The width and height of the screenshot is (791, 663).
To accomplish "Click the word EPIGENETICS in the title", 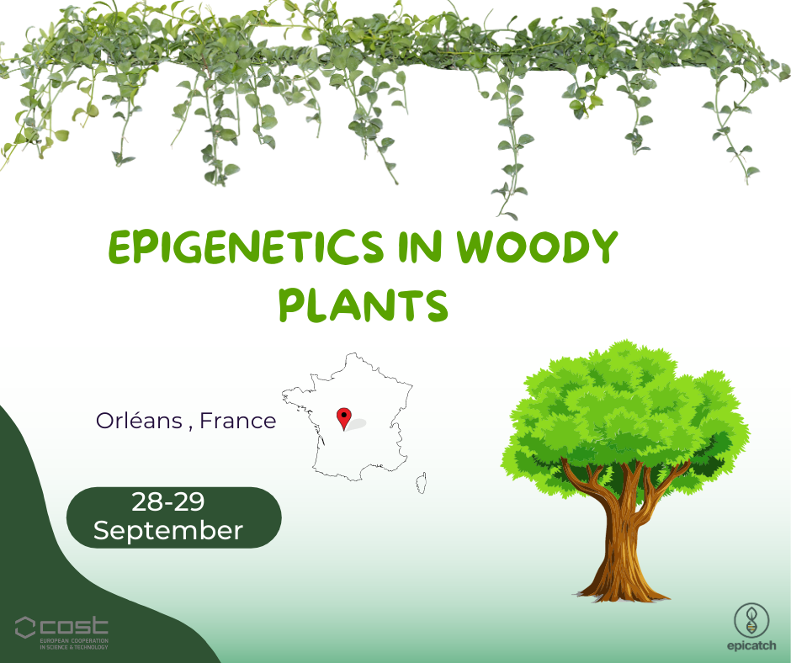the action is coord(247,247).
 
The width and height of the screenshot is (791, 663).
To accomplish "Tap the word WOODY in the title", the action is coord(537,247).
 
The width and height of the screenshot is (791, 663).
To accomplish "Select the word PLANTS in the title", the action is coord(364,305).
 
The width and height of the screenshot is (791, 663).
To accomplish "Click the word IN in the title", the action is coord(420,247).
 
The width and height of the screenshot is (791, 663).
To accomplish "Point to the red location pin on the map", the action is coord(344,418).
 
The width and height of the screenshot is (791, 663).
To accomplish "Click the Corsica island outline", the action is coord(422,483).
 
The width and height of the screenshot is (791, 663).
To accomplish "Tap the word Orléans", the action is coord(139,421).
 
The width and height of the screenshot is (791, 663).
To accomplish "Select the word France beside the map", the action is coord(238,421).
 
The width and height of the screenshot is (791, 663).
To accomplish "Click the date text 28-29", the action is coord(168,501).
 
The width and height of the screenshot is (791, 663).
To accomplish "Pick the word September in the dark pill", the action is coord(168,531).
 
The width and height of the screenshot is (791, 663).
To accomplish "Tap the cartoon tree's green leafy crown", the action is coord(625,419).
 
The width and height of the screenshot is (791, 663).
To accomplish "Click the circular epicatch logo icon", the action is coord(751,621).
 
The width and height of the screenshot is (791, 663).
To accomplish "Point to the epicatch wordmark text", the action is coord(751,645).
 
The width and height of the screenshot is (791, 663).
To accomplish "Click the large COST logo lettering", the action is coord(74,626).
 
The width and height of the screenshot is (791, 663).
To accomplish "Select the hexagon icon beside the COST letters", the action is coord(24,627).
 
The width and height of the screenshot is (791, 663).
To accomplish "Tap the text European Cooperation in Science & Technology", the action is coord(74,644).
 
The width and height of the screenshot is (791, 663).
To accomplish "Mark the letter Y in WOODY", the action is coord(603,247).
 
